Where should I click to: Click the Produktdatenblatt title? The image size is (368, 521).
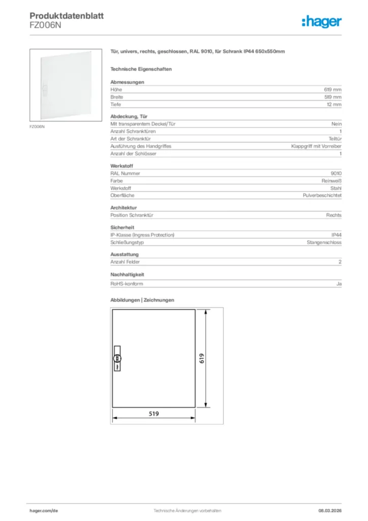[67, 16]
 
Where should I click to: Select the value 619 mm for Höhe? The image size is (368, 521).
[332, 90]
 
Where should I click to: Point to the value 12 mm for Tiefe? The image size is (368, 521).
[333, 104]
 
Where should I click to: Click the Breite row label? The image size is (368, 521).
[117, 97]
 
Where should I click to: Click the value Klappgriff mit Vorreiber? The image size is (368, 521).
[316, 146]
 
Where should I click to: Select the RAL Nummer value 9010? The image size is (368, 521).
[336, 173]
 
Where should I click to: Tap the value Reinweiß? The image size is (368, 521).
[331, 181]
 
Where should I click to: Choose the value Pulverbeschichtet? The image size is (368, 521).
[322, 195]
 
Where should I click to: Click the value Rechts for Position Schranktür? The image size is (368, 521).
[333, 215]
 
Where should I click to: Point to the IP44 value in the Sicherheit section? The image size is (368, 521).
[336, 235]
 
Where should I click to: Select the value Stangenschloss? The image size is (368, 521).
[324, 243]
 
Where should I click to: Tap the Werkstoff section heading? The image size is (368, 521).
[121, 166]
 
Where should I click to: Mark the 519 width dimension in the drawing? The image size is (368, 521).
[154, 414]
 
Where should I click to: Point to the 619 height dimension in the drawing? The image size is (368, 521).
[201, 358]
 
